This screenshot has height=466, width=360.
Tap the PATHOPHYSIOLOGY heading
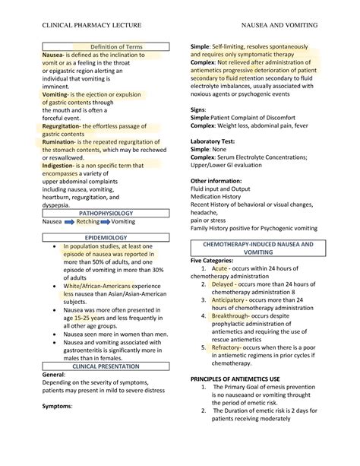[110, 214]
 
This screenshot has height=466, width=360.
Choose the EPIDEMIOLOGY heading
[110, 238]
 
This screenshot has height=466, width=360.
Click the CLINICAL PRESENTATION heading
[110, 365]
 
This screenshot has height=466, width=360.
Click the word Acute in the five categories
[219, 290]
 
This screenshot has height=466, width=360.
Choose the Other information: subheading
[219, 180]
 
